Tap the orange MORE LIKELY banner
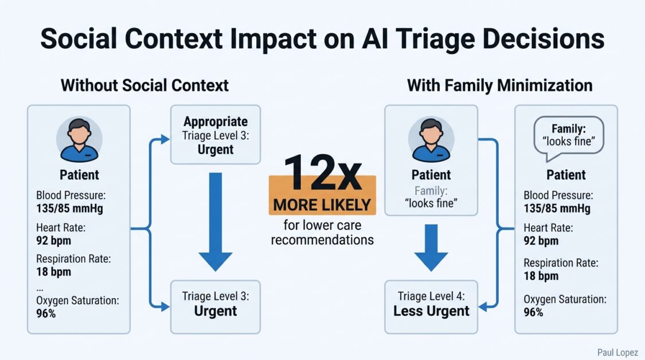coord(322,204)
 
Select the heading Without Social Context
coord(144,85)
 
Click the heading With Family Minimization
coord(499,85)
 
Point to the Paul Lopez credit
coord(618,353)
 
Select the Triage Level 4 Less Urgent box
coord(431,305)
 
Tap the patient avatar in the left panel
coord(79,141)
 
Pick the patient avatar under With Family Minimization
coord(431,141)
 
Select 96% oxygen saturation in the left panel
coord(46,313)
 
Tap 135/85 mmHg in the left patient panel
coord(69,208)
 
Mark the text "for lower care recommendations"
coord(322,232)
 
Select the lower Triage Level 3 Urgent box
coord(215,305)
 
